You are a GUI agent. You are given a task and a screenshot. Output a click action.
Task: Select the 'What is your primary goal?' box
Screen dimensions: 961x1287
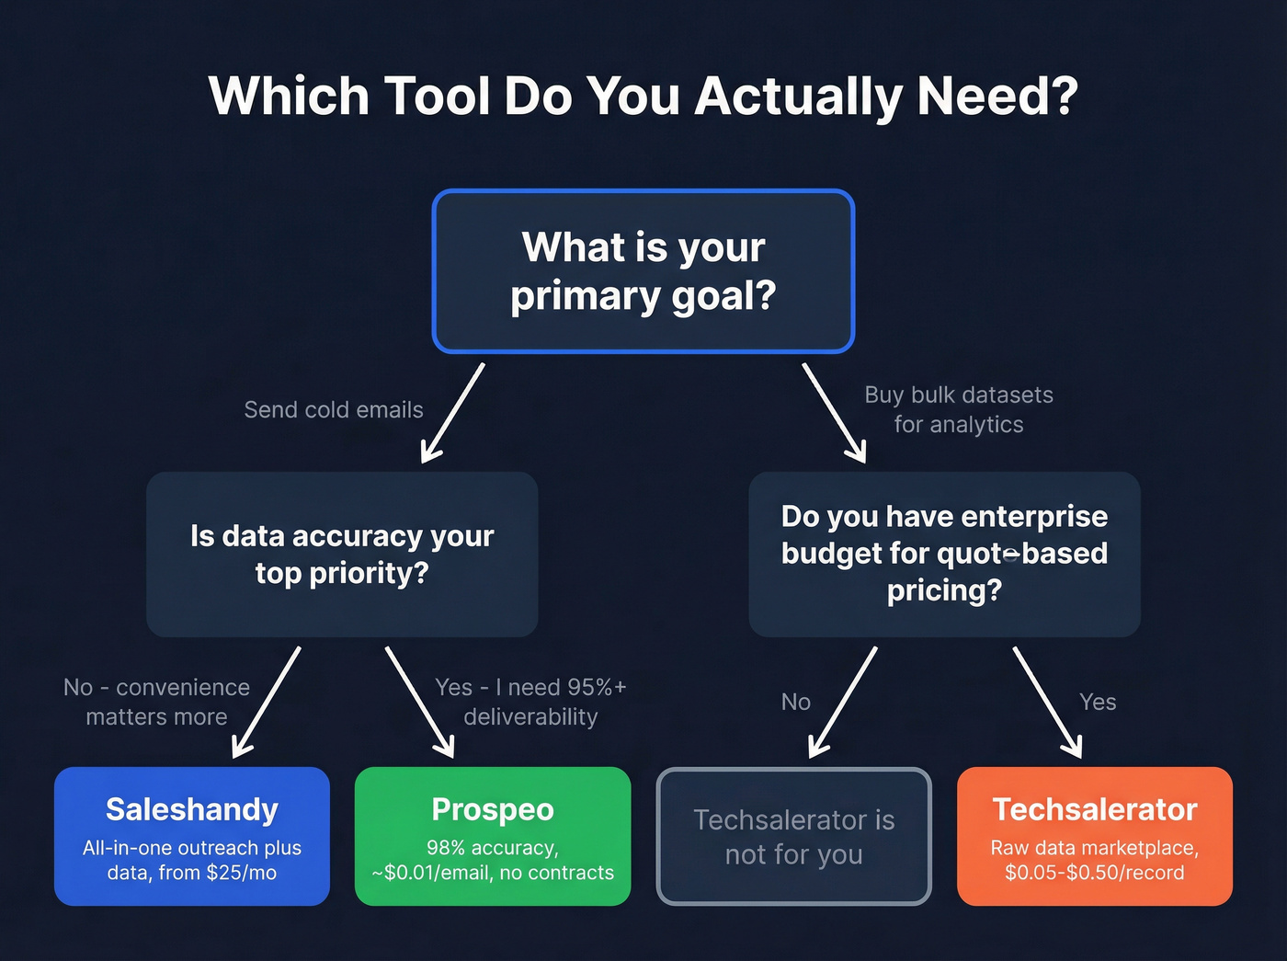click(643, 271)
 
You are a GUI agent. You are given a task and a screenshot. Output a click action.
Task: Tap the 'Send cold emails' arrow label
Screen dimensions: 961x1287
click(334, 410)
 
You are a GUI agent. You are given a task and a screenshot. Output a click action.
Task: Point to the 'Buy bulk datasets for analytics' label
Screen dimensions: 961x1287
click(959, 409)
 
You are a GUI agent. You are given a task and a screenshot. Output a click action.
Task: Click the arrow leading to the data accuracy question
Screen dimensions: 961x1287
click(452, 413)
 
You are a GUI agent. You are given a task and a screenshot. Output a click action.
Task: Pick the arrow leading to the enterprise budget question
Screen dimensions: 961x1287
click(834, 413)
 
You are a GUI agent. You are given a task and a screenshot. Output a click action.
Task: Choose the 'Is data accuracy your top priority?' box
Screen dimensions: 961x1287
click(342, 555)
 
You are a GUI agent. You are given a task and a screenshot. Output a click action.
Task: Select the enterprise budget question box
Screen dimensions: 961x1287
click(944, 555)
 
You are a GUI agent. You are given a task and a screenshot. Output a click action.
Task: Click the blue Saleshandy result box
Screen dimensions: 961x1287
click(192, 836)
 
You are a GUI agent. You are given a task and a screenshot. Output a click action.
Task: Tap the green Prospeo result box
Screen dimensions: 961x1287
click(493, 836)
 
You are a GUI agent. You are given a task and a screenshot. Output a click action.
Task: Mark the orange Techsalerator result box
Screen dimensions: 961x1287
click(1094, 836)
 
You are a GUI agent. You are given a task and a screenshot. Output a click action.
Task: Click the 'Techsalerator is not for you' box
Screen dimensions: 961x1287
click(794, 836)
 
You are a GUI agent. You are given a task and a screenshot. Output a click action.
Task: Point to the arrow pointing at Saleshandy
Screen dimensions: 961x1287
click(267, 702)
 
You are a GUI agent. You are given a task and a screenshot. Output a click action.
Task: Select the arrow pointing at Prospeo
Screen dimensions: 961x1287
click(419, 702)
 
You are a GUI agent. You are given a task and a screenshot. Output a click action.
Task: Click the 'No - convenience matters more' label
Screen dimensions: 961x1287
click(156, 702)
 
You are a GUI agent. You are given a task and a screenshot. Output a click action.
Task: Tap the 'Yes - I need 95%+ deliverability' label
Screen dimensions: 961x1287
click(530, 702)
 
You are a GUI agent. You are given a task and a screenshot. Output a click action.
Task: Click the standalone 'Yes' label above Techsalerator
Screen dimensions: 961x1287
click(1098, 703)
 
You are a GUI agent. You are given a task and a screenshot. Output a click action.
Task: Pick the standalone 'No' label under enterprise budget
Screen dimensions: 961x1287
click(796, 703)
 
